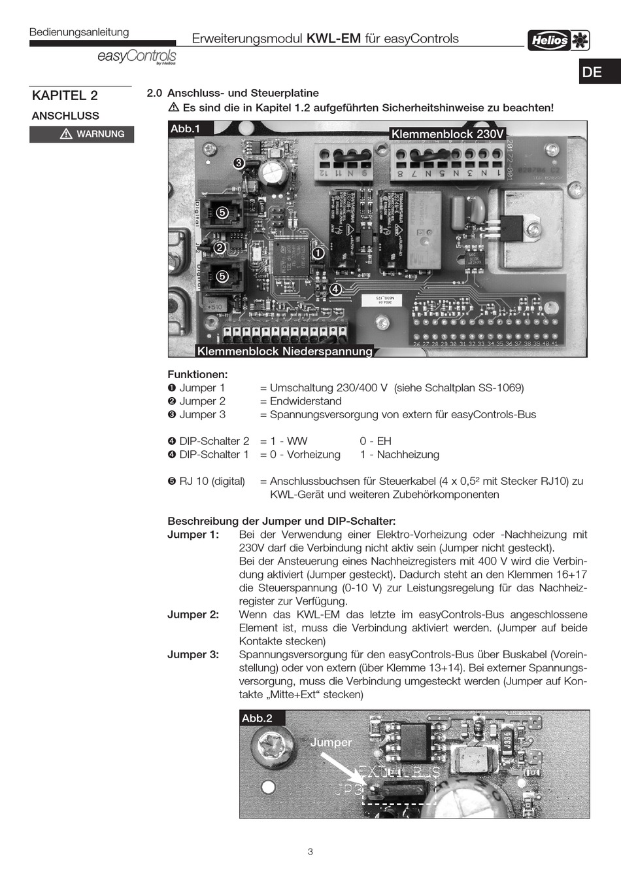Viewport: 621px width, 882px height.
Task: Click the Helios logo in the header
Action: click(559, 40)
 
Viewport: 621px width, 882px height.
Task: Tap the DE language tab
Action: click(592, 72)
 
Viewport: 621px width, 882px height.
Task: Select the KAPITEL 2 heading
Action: click(65, 96)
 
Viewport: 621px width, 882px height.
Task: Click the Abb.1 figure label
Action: click(185, 129)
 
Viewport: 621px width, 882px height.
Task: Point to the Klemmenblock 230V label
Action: click(448, 134)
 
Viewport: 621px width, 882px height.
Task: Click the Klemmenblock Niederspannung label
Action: click(284, 351)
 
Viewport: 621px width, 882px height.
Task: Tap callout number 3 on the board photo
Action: click(239, 162)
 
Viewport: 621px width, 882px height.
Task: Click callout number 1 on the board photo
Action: click(318, 253)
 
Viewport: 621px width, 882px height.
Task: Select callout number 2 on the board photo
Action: click(220, 248)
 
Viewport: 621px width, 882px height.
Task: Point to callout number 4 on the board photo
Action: click(335, 289)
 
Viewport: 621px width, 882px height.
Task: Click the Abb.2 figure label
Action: click(257, 718)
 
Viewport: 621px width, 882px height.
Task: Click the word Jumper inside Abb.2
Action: click(331, 742)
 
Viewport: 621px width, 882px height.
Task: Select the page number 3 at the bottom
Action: click(310, 851)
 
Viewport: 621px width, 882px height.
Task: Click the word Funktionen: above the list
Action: click(197, 375)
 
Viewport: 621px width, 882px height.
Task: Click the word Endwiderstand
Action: click(305, 401)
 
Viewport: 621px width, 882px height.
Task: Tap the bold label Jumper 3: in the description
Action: click(193, 654)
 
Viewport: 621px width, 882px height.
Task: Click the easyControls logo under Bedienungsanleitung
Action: click(137, 57)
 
